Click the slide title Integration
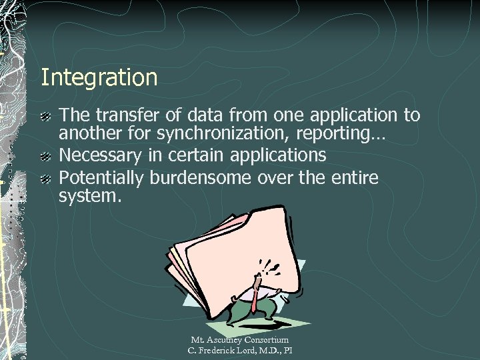(99, 78)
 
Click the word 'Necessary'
(100, 157)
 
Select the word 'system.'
(91, 197)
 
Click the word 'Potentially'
(102, 179)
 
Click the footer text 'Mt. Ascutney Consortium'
(239, 341)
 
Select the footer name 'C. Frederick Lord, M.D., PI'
(239, 351)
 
